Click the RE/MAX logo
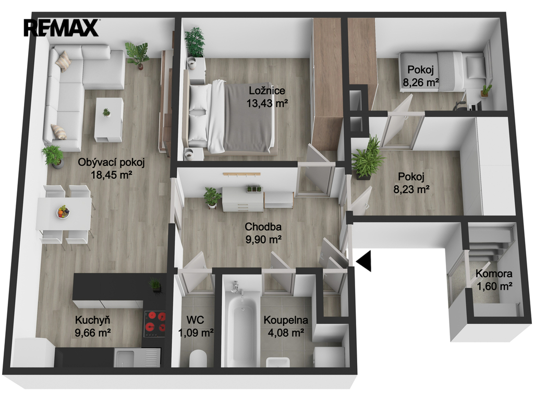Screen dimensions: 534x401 (62, 28)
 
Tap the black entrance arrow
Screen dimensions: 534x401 (363, 261)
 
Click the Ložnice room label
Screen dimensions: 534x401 (267, 91)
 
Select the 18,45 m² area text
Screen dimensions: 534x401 (112, 175)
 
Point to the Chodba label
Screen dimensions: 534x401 (263, 227)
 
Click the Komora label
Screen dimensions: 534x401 (494, 274)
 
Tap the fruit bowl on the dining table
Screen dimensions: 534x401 (63, 212)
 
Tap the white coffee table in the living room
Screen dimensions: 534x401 (108, 120)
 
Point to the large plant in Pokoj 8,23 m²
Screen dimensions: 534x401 (366, 158)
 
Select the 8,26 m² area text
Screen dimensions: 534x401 (421, 82)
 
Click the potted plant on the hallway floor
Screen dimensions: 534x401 (212, 197)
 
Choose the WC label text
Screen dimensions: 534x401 (195, 320)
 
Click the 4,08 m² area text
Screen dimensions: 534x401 (286, 333)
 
